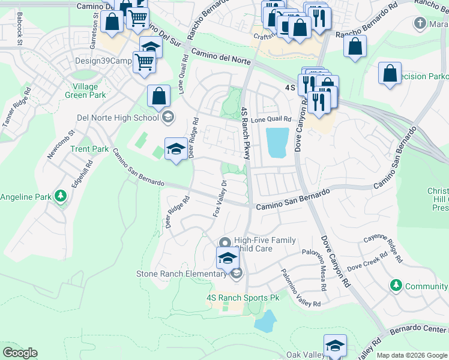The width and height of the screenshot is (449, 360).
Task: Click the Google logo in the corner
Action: coord(20,353)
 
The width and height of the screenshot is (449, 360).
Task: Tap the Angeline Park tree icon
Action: coord(60,196)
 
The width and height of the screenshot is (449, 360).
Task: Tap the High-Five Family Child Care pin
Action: coord(225,243)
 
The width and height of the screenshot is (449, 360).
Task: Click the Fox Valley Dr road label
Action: coord(220,199)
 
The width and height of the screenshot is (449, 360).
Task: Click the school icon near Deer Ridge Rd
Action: coord(175,150)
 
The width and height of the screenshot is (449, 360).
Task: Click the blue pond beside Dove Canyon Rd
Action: coord(276,143)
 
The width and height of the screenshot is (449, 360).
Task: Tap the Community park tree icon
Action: coord(396,286)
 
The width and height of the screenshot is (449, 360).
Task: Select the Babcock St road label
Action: coord(20,28)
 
